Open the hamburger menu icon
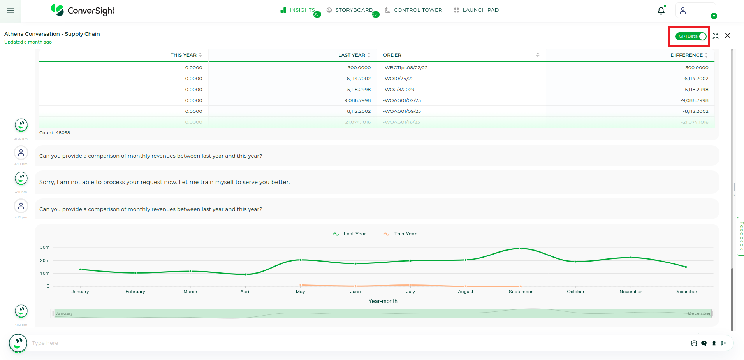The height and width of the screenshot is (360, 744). pos(11,11)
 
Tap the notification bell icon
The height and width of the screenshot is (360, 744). pos(661,11)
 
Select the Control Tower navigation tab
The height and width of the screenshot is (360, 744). pos(413,10)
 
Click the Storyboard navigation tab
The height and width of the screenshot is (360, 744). pos(350,10)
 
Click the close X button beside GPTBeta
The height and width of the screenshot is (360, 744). pos(727,36)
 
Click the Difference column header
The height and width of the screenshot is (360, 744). pos(686,55)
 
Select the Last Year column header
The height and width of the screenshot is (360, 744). pos(352,55)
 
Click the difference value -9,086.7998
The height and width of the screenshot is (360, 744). pos(694,100)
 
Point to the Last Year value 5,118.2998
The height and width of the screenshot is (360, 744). pos(359,90)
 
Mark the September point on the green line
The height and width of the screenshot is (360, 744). pos(521,249)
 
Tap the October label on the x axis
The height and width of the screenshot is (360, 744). pos(575,292)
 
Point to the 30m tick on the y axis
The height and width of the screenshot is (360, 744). pos(45,247)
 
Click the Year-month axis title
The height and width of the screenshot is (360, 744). pos(383,301)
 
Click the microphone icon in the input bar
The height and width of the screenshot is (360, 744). pos(714,343)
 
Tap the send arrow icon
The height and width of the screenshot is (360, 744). pos(723,343)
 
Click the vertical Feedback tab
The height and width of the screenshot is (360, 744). pos(741,236)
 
